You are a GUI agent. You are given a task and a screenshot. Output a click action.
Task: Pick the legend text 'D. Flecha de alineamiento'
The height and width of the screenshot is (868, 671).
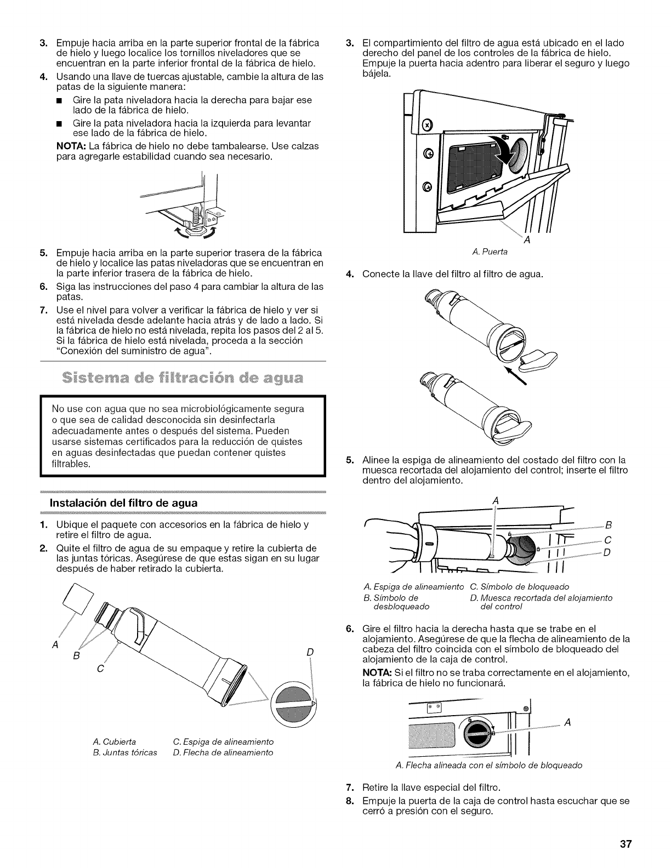point(223,752)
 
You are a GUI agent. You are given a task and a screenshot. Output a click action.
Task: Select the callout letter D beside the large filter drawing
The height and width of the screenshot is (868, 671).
point(310,652)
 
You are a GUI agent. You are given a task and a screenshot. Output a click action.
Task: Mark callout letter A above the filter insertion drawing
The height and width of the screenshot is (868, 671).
point(496,500)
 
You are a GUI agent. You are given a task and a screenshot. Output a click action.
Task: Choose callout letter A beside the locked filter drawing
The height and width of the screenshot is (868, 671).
point(568,722)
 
